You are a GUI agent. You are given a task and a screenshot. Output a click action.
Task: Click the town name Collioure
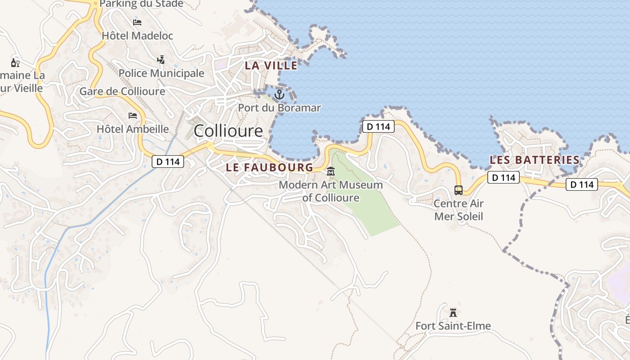click(228, 131)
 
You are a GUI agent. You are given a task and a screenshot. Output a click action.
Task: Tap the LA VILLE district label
click(271, 65)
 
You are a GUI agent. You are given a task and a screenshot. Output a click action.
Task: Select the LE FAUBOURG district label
click(269, 167)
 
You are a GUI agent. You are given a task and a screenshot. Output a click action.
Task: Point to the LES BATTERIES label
click(534, 160)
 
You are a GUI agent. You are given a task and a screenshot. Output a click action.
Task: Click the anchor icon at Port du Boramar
click(279, 94)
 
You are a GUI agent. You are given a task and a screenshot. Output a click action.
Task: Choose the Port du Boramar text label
click(279, 108)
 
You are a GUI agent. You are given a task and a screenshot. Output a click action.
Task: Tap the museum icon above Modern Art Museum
click(331, 171)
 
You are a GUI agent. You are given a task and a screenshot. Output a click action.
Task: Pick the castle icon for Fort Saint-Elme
click(453, 312)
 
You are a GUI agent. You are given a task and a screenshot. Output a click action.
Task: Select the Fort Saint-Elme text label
click(453, 326)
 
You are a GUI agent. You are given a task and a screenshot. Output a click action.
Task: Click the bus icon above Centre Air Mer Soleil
click(458, 190)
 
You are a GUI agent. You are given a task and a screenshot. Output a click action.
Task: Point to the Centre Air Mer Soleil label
click(458, 210)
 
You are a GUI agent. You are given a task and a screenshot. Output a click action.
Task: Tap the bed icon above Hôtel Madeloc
click(137, 22)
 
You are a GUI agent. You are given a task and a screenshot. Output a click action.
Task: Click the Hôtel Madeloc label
click(137, 36)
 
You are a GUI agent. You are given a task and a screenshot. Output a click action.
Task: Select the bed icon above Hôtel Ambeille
click(133, 116)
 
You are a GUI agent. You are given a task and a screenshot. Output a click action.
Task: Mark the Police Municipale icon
click(161, 59)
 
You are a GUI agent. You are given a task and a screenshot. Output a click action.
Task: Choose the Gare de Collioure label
click(122, 91)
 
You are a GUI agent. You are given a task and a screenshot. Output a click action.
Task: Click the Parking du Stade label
click(141, 4)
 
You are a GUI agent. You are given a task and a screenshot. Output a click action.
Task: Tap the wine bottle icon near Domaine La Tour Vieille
click(15, 63)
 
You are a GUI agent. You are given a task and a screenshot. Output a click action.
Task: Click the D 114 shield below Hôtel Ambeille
click(168, 162)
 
